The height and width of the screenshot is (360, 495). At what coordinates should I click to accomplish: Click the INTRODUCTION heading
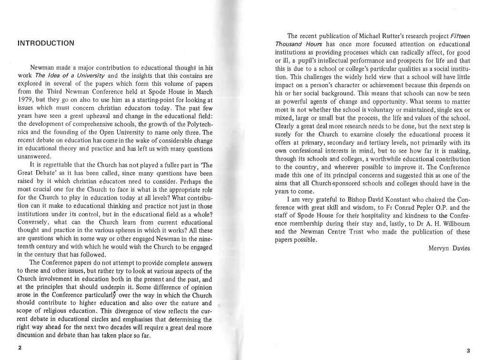(x=46, y=43)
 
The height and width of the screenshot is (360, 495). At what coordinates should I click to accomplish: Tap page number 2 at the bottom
(x=20, y=348)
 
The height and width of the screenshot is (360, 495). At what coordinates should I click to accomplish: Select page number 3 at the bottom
(x=468, y=350)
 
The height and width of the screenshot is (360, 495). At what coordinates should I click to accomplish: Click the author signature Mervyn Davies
(x=449, y=248)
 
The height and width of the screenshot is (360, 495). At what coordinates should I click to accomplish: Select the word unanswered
(x=34, y=157)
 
